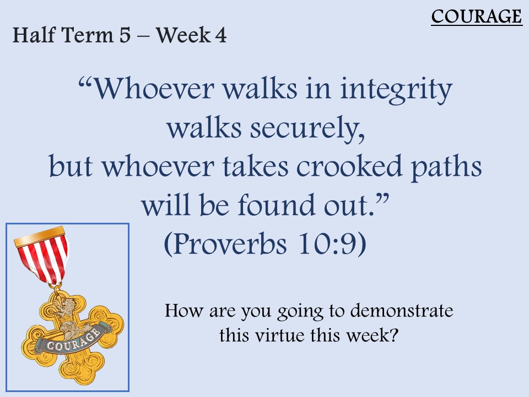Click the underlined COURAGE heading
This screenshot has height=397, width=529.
point(477,16)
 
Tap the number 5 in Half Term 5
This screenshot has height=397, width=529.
point(125,35)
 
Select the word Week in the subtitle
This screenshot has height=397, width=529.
point(183,35)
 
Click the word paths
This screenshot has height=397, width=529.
point(446,167)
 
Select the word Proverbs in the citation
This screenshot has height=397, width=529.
point(229,244)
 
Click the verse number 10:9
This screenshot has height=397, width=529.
point(328,244)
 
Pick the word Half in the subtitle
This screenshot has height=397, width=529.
point(34,35)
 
